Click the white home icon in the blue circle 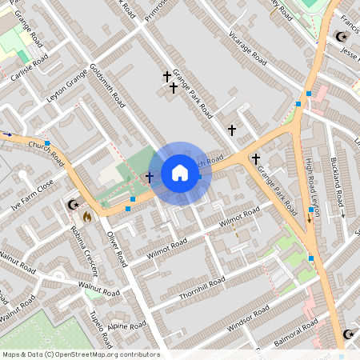pos(180,173)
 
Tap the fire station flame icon pos(86,215)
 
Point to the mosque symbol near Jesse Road pos(342,37)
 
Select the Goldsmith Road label pos(108,86)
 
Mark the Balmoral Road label pos(295,328)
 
